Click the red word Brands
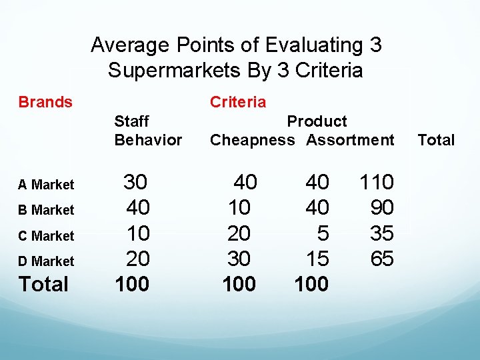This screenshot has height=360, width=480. point(45,102)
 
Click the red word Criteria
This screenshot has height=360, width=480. point(237,102)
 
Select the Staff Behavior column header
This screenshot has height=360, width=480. point(147,131)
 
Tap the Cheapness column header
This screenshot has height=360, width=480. point(252,140)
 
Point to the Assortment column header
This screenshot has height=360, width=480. point(350,140)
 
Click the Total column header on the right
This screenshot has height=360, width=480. point(436,140)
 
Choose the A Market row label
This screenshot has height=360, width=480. point(46,185)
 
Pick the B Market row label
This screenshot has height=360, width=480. point(46,210)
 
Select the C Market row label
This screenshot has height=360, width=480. point(46,236)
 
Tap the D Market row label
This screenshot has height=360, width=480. point(46,261)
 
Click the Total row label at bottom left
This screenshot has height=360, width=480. point(43,285)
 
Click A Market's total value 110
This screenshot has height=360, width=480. point(377,182)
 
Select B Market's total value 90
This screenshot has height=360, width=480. point(382,208)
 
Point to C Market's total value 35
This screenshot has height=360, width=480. point(382,233)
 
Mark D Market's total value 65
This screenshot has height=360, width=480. point(382,259)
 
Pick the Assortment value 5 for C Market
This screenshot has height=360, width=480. point(323,233)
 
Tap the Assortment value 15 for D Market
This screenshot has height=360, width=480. point(317,259)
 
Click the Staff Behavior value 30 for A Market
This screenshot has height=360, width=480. point(136,182)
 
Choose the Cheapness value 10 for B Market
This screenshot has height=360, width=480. point(239,208)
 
